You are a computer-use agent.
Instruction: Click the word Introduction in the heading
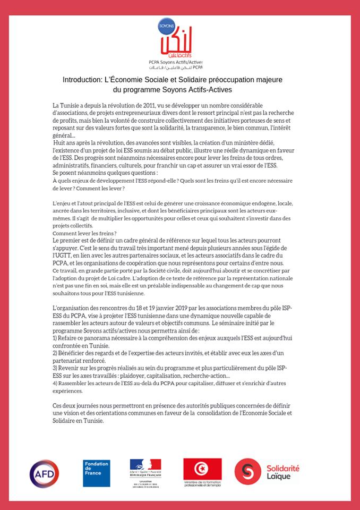(82, 80)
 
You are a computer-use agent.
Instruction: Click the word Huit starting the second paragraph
(62, 143)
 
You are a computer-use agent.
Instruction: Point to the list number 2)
(56, 353)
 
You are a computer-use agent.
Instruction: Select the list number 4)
(56, 383)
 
